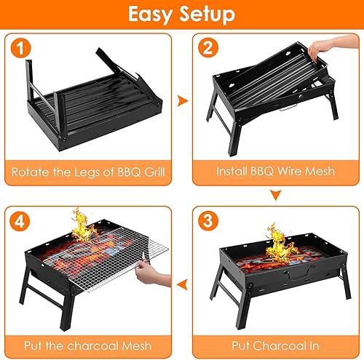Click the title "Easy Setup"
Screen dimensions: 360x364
[x=182, y=15]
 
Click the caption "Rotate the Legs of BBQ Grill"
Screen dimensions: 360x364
[x=87, y=172]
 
